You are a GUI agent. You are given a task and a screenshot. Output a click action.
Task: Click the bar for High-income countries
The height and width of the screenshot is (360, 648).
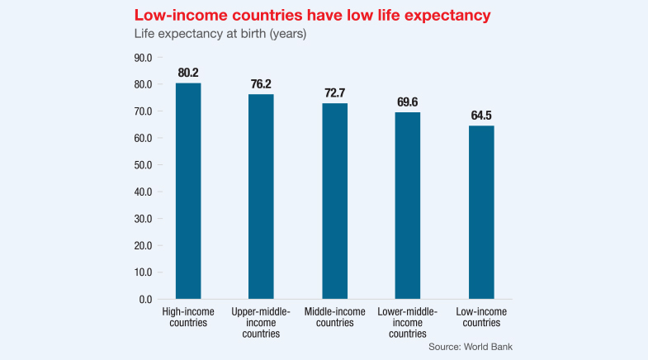pyautogui.click(x=188, y=191)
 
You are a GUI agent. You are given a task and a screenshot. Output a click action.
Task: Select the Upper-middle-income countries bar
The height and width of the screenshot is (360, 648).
pyautogui.click(x=261, y=196)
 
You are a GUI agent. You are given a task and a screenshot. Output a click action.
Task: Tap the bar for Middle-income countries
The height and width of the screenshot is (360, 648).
pyautogui.click(x=334, y=201)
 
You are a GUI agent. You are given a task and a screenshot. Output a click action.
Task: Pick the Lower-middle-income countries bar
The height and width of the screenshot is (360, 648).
pyautogui.click(x=408, y=205)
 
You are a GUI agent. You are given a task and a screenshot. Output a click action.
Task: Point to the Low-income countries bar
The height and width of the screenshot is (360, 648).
pyautogui.click(x=480, y=211)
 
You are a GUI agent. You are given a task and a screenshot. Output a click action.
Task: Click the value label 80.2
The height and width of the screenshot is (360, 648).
pyautogui.click(x=189, y=73)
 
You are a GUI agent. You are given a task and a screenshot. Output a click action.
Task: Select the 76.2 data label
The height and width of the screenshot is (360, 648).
pyautogui.click(x=262, y=83)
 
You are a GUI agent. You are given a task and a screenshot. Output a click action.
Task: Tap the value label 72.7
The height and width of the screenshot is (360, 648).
pyautogui.click(x=334, y=92)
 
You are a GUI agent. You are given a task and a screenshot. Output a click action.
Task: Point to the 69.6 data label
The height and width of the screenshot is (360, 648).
pyautogui.click(x=408, y=102)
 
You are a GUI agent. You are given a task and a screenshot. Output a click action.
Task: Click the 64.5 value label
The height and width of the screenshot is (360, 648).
pyautogui.click(x=480, y=115)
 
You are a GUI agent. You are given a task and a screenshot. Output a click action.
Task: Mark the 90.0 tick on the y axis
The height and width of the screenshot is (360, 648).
pyautogui.click(x=143, y=58)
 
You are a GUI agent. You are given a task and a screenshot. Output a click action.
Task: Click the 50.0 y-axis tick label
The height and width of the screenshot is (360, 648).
pyautogui.click(x=143, y=164)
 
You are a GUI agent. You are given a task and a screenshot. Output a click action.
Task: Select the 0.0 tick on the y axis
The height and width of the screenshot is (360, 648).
pyautogui.click(x=145, y=298)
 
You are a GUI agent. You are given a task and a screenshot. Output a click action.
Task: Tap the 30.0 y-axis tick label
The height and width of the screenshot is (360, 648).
pyautogui.click(x=143, y=218)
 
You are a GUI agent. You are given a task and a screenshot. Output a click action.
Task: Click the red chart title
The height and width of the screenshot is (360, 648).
pyautogui.click(x=292, y=15)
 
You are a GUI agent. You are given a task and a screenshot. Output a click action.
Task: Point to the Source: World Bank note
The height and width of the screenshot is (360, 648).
pyautogui.click(x=471, y=347)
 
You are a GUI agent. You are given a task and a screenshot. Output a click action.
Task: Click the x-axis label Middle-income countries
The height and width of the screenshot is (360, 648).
pyautogui.click(x=334, y=317)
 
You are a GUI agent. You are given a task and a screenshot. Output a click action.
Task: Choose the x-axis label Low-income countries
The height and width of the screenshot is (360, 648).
pyautogui.click(x=480, y=317)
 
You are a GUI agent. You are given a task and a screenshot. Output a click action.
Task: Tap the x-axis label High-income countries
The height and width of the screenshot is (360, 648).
pyautogui.click(x=188, y=317)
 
